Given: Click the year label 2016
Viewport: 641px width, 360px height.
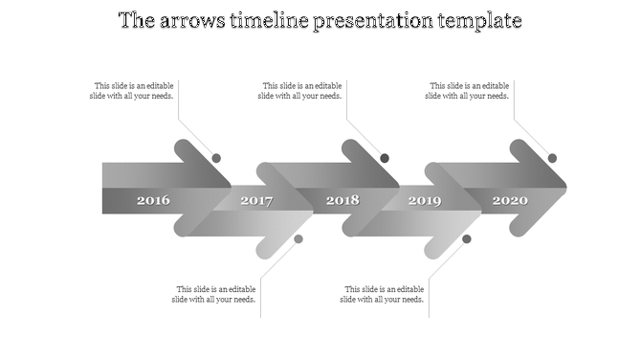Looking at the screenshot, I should point(153,201).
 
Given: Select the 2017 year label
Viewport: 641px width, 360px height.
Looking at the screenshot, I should point(256,201).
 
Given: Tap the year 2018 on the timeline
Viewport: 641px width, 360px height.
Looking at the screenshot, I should point(343,201).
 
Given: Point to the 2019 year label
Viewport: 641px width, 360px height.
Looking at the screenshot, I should point(425,201).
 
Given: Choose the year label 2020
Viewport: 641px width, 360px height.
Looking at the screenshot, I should point(510,201).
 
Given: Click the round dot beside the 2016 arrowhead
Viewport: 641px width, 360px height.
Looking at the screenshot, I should point(216,158).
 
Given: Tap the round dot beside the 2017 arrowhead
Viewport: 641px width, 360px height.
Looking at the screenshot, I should point(298,238).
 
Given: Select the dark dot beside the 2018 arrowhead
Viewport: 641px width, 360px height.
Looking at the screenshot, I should point(385,158).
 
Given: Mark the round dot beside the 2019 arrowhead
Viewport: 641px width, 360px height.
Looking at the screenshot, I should point(467,238).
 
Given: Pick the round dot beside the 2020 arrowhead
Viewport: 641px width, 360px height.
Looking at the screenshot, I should point(552,158).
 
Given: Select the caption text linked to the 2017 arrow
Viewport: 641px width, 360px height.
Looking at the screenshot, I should point(215,294).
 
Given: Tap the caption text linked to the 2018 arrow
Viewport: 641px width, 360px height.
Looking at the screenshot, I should point(300,90).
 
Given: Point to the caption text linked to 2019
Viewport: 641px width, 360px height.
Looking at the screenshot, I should point(383,294).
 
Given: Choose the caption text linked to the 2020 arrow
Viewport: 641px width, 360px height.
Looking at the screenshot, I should point(468,90).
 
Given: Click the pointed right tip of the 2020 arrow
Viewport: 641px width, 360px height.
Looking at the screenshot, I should point(564,187).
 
